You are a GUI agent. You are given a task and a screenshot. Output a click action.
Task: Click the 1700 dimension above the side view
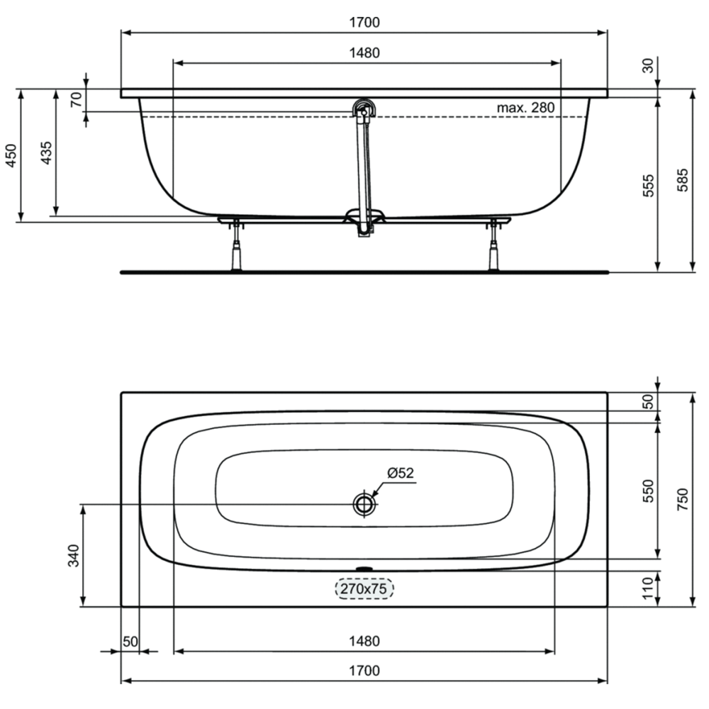364,22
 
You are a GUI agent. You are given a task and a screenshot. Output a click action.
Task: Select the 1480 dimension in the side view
364,53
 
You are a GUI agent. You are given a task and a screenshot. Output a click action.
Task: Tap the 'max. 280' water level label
525,108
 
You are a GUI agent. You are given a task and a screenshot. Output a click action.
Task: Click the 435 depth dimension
46,153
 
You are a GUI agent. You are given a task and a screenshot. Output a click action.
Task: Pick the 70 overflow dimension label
77,99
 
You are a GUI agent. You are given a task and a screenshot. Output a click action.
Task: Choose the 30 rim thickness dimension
648,65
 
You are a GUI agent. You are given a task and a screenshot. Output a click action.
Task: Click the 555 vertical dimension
648,185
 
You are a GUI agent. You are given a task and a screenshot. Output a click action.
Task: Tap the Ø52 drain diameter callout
400,473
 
